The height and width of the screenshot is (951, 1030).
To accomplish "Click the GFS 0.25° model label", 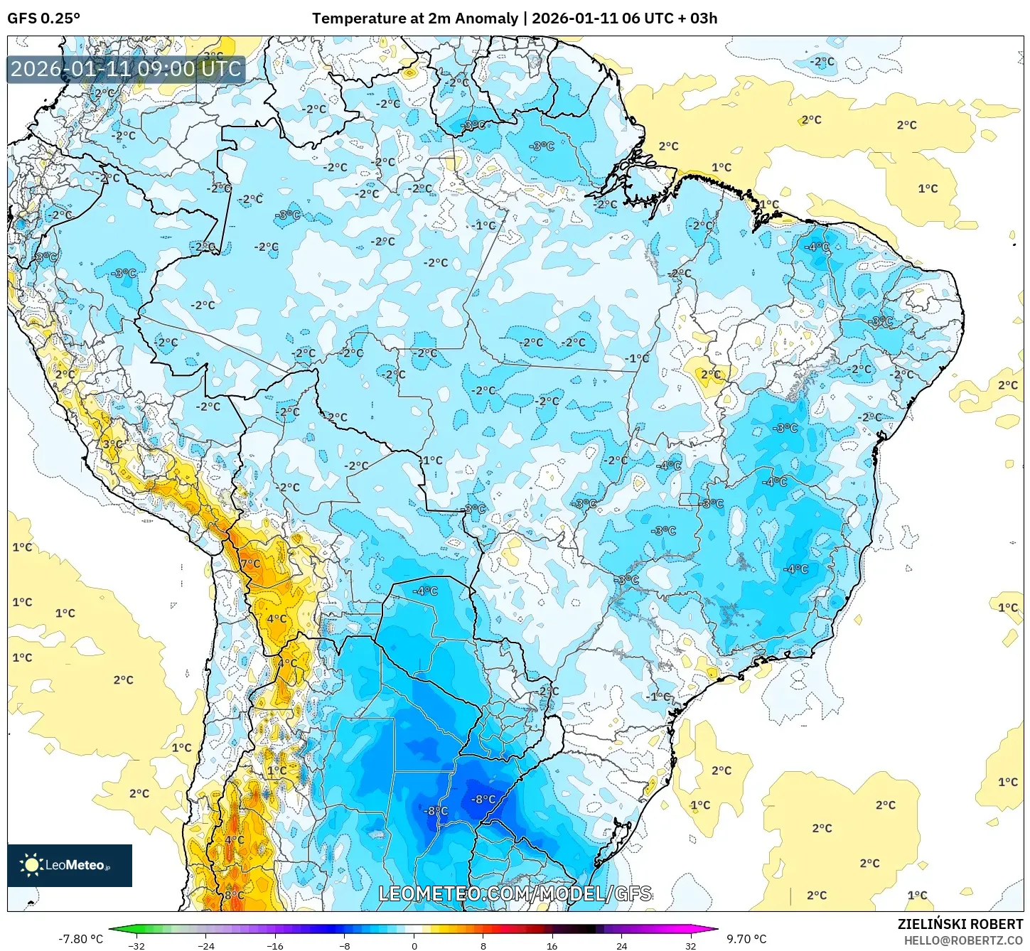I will pos(43,18).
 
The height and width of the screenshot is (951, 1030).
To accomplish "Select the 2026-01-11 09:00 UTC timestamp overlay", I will pos(126,69).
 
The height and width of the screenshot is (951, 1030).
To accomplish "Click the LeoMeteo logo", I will pos(70,865).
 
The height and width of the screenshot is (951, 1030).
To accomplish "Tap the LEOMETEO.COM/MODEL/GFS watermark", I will pos(515,893).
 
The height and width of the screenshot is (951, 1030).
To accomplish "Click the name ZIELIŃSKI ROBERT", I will pos(960,924).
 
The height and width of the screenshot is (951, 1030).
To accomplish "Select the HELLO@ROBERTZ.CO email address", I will pos(963,940).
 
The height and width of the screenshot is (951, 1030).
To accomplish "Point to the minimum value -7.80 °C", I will pos(80,939).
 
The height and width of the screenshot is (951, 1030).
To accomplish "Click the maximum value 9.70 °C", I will pos(746,939).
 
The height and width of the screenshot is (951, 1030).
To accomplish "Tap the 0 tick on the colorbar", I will pos(414,945).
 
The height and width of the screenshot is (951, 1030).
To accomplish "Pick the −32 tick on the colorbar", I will pos(136,945).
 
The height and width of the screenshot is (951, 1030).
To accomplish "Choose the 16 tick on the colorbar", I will pos(552,945).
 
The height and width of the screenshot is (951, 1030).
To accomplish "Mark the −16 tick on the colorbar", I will pos(274,945).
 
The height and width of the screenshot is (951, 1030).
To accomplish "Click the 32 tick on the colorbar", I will pos(691,945).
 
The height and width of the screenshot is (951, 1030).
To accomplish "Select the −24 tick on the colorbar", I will pos(205,945).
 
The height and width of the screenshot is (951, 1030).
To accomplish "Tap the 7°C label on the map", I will pos(250,564).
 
